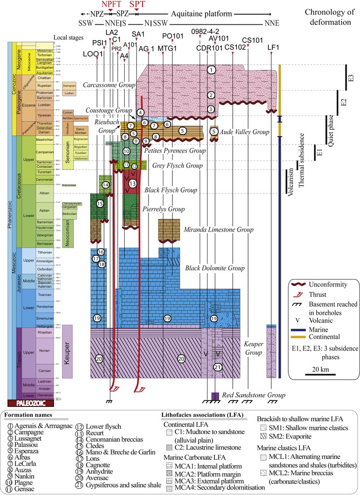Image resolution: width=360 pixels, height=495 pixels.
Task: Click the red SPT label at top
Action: (x=137, y=4)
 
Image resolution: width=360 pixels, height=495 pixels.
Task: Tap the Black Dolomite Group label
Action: (x=215, y=268)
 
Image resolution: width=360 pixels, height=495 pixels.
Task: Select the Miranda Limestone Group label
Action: (x=218, y=230)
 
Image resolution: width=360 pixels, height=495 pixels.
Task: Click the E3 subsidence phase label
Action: (x=350, y=77)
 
